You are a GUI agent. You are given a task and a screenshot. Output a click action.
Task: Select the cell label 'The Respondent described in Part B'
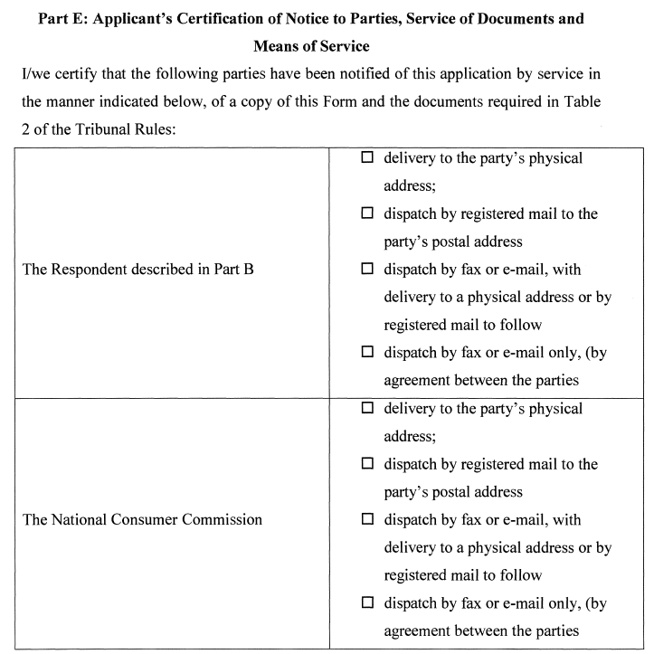137,269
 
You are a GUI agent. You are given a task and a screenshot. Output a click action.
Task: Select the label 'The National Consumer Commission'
142,519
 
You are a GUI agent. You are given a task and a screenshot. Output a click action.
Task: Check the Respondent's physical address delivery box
367,157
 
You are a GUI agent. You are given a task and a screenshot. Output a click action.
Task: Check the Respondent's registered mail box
367,213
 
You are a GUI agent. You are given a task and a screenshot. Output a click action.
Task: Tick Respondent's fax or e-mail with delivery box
367,269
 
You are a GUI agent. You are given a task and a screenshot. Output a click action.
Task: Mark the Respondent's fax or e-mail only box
367,353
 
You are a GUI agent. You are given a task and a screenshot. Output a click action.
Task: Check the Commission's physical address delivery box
367,408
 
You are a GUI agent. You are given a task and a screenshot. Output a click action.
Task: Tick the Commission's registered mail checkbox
367,464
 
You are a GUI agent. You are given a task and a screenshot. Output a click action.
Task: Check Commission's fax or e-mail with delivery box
367,519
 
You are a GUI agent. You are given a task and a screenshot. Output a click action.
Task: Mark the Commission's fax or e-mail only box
367,603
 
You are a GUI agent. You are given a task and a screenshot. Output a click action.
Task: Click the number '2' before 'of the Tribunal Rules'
24,128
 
